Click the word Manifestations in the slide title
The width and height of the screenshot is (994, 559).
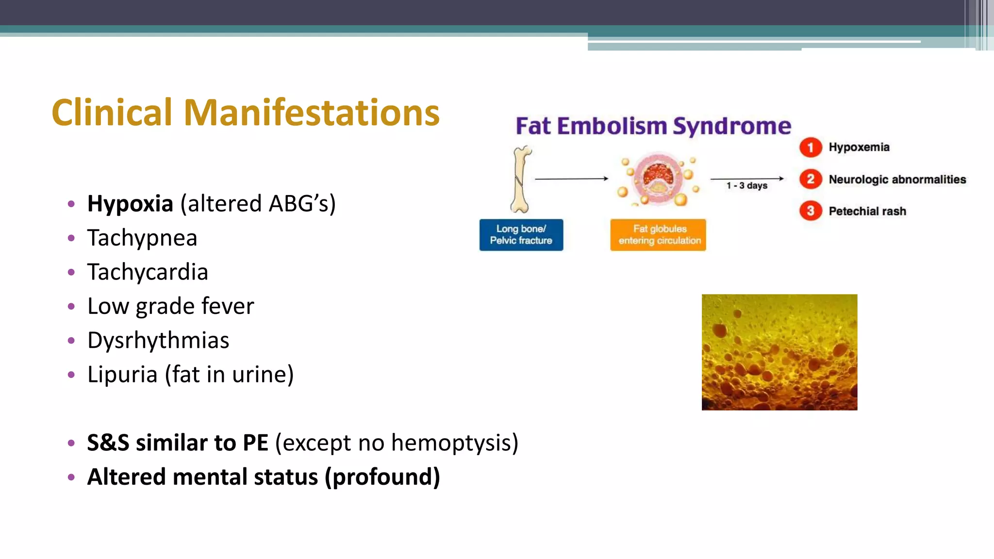coord(311,113)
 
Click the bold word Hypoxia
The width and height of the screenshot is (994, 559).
coord(130,203)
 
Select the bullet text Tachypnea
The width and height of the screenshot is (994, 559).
coord(142,238)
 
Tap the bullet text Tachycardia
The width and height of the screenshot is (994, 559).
coord(148,272)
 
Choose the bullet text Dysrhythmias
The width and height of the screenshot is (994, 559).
coord(158,340)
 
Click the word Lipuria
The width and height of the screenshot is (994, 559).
coord(122,375)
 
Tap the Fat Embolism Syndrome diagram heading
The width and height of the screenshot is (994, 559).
coord(653,126)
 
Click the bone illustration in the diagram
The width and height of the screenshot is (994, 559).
coord(521,180)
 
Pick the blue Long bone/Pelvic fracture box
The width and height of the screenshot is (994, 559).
coord(521,235)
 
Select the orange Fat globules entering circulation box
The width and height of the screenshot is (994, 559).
coord(658,235)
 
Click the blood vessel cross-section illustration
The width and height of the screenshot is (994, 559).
coord(659,179)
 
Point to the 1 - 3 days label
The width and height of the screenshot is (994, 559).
coord(746,186)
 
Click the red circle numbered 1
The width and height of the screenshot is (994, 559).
coord(810,148)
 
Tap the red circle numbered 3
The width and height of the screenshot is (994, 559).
coord(810,211)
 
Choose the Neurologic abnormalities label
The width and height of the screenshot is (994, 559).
coord(897,180)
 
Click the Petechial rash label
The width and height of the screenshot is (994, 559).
coord(867,211)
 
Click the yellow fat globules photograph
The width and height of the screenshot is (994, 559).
coord(779,352)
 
